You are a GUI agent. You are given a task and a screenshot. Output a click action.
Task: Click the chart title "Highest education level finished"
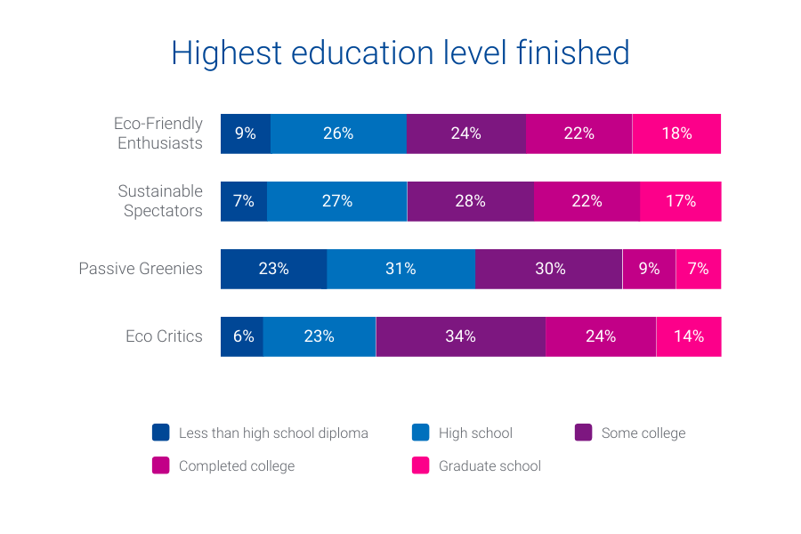click(400, 53)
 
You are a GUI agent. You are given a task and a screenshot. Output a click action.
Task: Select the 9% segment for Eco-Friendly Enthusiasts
click(246, 133)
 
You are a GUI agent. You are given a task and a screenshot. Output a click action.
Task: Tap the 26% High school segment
click(338, 133)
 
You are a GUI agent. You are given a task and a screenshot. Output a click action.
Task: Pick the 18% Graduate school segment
click(676, 133)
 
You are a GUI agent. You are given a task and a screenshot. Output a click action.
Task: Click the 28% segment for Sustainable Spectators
click(470, 201)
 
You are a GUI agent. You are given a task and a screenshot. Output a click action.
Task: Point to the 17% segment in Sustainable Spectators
click(681, 201)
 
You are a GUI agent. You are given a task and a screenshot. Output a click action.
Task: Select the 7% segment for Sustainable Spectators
click(244, 201)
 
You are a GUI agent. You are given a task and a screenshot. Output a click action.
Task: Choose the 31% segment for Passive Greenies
click(400, 269)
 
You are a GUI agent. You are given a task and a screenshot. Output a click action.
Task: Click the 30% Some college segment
click(549, 269)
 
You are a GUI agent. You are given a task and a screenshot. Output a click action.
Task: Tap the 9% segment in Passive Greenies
click(649, 269)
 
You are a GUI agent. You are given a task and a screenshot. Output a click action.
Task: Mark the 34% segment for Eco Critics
click(460, 336)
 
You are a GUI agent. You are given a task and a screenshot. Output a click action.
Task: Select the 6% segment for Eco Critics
click(242, 336)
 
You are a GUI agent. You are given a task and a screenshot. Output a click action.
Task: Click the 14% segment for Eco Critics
click(689, 336)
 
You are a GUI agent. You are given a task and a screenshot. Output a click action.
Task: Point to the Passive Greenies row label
click(141, 269)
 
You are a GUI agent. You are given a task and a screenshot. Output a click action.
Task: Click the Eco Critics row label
click(164, 336)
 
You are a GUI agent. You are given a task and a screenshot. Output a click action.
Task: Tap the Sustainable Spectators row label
click(160, 201)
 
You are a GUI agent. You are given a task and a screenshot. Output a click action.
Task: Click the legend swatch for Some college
click(584, 433)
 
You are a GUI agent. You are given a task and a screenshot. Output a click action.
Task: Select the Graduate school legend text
click(489, 465)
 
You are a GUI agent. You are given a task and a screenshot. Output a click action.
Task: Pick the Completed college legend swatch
click(161, 465)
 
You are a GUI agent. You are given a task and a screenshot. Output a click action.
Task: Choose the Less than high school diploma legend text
click(273, 433)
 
